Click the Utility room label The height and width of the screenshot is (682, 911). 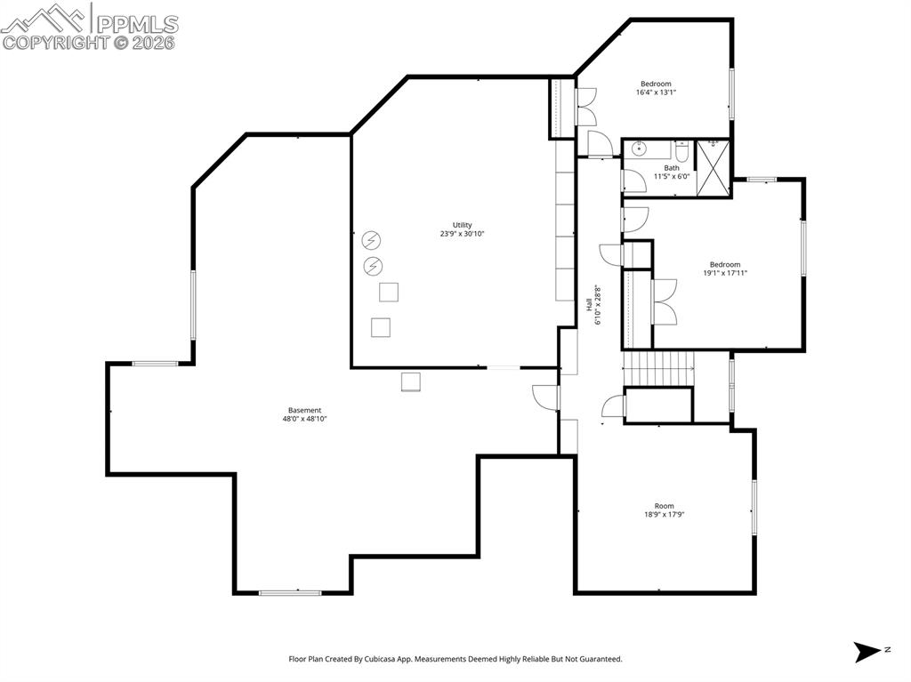[462, 225]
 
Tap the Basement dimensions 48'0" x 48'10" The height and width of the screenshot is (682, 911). [304, 419]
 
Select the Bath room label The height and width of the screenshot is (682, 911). [672, 167]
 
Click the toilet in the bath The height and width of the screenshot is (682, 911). [681, 149]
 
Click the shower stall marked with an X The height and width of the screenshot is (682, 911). [713, 167]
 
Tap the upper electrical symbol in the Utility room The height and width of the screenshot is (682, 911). [371, 240]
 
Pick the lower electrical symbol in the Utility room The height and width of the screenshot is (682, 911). [373, 265]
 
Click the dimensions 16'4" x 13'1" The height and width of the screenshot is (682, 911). [656, 92]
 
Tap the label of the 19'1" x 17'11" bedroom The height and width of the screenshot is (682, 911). [724, 264]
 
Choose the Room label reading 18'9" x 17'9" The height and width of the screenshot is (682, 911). [664, 506]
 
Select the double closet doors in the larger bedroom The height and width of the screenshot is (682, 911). [664, 301]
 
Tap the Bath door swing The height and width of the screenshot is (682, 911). [633, 181]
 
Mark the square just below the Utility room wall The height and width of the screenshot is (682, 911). [410, 381]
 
